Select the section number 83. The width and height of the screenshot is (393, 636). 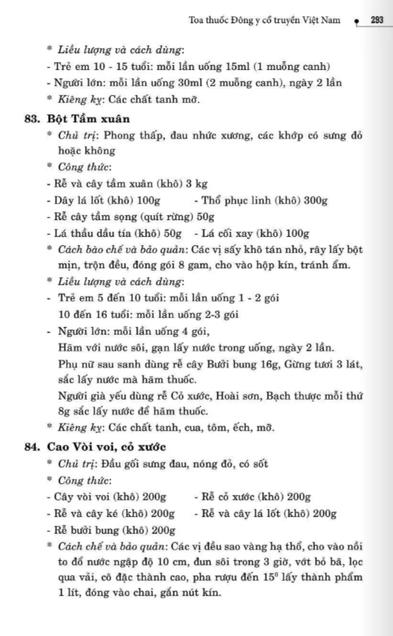[34, 119]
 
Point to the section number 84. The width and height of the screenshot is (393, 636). [34, 447]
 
